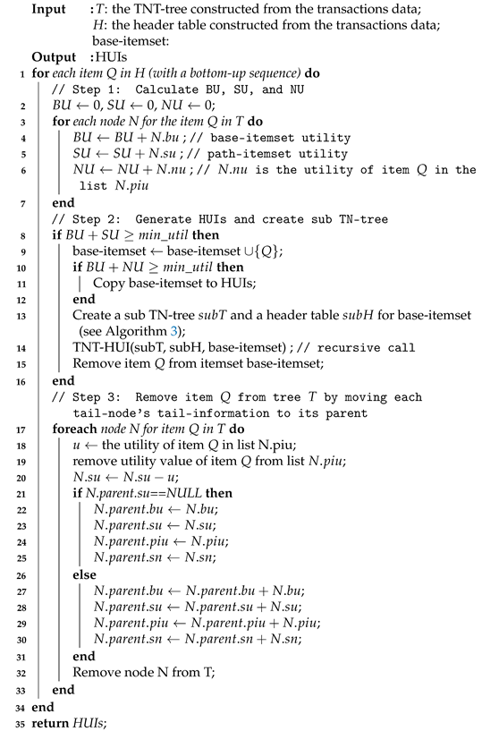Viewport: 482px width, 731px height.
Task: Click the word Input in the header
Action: coord(50,9)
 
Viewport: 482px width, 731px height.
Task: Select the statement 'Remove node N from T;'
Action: coord(133,673)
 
